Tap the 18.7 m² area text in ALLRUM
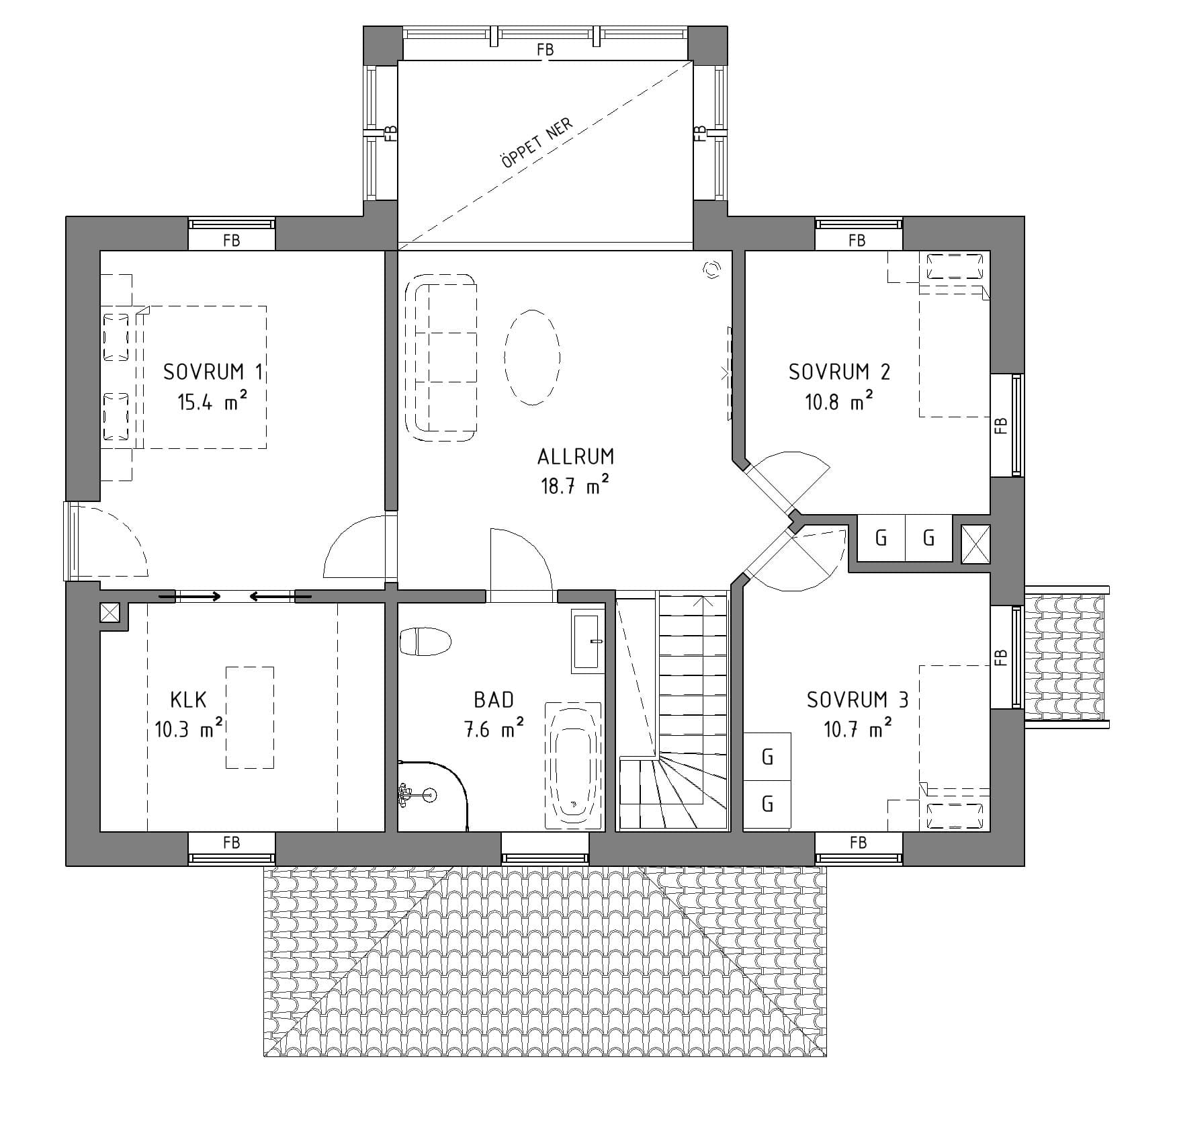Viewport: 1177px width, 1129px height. [576, 486]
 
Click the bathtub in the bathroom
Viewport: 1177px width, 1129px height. [573, 765]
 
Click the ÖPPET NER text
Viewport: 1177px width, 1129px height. [537, 144]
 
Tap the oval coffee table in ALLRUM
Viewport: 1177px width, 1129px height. [532, 357]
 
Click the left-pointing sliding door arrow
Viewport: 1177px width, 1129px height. [271, 596]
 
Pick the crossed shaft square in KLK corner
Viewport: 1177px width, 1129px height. [110, 612]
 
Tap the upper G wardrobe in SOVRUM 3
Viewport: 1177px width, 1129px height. [767, 757]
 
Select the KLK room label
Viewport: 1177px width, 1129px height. [188, 700]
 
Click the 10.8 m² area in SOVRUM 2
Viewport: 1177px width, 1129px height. [839, 403]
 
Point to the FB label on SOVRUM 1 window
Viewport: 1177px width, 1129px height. [231, 240]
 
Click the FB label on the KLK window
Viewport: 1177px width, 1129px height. [231, 842]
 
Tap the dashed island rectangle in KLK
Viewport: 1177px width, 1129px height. [249, 717]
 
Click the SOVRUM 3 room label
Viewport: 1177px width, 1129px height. [857, 700]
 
